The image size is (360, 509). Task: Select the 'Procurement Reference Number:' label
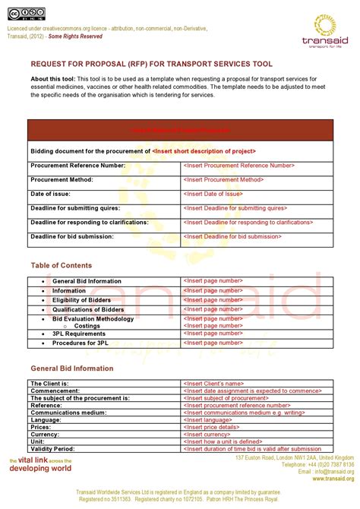77,165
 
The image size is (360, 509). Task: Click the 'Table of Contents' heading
62,265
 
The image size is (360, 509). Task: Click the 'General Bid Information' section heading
72,368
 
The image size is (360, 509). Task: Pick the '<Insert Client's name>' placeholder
213,384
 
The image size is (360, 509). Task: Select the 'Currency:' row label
46,434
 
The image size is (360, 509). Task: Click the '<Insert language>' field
207,419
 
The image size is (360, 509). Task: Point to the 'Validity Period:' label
52,448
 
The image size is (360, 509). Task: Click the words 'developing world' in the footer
39,469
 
